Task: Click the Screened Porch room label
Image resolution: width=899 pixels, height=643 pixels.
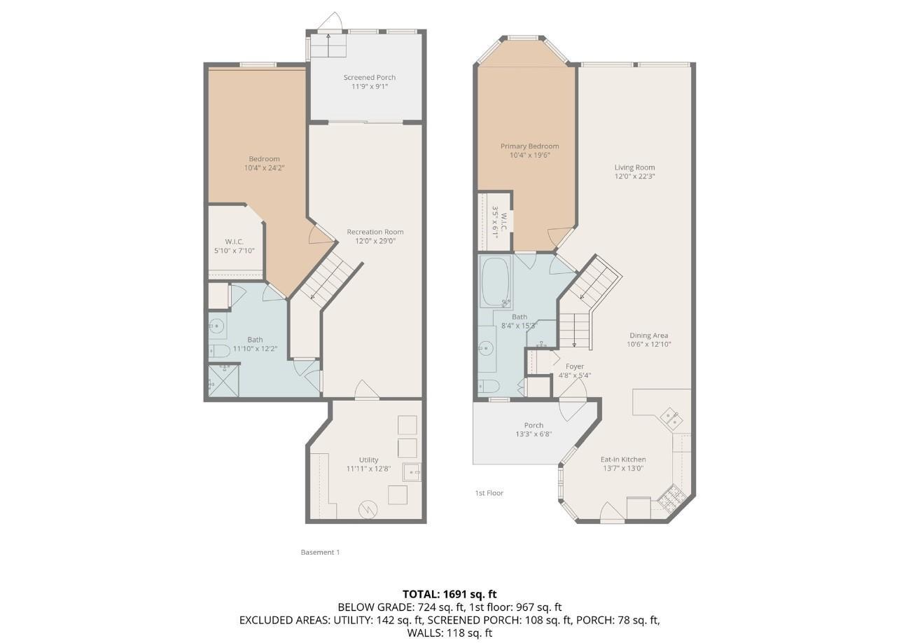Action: click(x=369, y=77)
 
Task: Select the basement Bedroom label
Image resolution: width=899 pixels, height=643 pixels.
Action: click(x=264, y=159)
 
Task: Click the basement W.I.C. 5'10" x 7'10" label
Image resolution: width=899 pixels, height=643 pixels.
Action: click(x=234, y=246)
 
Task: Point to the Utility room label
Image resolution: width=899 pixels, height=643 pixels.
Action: click(x=368, y=460)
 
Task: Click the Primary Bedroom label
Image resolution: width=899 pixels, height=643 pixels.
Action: click(x=529, y=146)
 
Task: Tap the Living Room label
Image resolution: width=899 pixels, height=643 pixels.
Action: click(x=634, y=167)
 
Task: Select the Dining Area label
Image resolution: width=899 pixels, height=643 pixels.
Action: click(x=648, y=336)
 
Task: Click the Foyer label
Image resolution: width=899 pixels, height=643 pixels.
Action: click(x=574, y=366)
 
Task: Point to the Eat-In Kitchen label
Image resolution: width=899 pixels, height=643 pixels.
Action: click(x=623, y=459)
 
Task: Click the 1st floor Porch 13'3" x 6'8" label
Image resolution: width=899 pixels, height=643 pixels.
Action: click(x=534, y=429)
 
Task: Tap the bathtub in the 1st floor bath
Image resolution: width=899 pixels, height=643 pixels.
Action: click(x=496, y=284)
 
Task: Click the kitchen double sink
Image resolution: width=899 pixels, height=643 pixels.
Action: click(x=671, y=418)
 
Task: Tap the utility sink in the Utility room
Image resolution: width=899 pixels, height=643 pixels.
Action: click(x=412, y=472)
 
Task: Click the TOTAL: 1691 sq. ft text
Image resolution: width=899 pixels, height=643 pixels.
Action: click(x=449, y=594)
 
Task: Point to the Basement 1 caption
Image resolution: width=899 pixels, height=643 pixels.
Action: click(x=320, y=552)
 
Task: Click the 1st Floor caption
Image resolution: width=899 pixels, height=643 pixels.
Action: click(x=489, y=493)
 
